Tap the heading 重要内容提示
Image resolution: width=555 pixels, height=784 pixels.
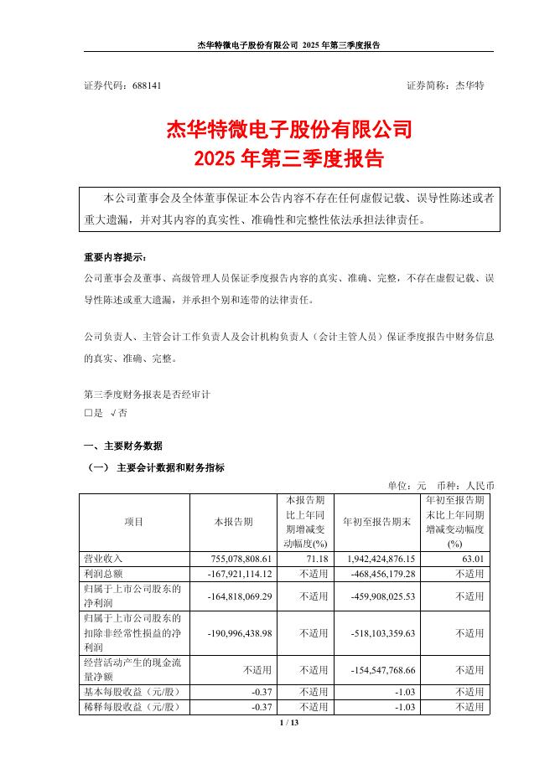(x=114, y=256)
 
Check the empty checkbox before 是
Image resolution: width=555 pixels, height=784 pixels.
(x=88, y=413)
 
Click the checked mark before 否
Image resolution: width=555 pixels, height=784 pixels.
(x=112, y=413)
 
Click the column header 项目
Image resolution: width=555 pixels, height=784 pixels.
(x=134, y=521)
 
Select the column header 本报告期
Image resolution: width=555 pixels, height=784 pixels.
(x=233, y=521)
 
